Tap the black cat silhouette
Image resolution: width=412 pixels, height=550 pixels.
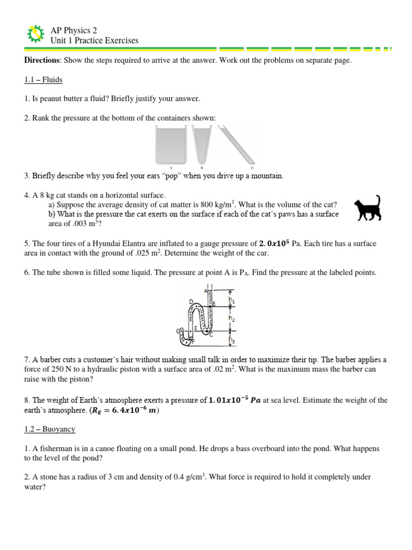(x=369, y=209)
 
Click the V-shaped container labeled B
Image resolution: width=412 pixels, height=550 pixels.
(x=201, y=142)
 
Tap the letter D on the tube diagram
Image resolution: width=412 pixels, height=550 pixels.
(x=190, y=302)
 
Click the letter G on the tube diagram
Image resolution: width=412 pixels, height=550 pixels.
(x=178, y=331)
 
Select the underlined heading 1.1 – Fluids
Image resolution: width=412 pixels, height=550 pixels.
(x=43, y=80)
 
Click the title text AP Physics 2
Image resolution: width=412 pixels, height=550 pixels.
(x=73, y=31)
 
